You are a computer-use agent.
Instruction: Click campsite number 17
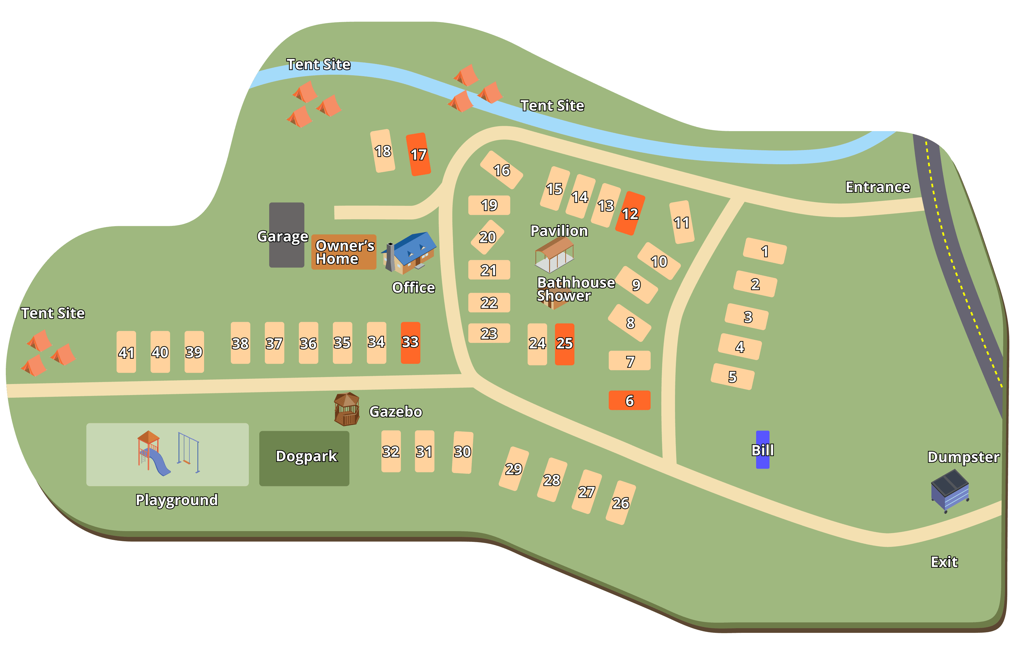tap(418, 154)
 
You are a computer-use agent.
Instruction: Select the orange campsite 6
tap(629, 400)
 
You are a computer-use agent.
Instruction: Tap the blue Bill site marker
tap(763, 449)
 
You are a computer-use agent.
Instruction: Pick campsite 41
tap(126, 352)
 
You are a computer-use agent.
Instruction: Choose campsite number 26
tap(621, 503)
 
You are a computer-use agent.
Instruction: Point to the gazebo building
tap(346, 409)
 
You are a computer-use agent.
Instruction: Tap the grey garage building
tap(286, 235)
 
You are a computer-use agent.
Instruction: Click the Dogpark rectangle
tap(304, 458)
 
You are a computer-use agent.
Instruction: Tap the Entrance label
tap(877, 187)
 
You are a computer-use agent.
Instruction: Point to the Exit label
tap(944, 562)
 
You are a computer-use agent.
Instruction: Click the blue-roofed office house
tap(410, 253)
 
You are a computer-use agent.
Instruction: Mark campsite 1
tap(765, 251)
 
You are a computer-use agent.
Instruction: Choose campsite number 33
tap(410, 342)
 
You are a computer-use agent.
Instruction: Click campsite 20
tap(487, 237)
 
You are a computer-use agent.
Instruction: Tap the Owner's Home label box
tap(344, 252)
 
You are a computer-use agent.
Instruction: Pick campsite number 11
tap(681, 222)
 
